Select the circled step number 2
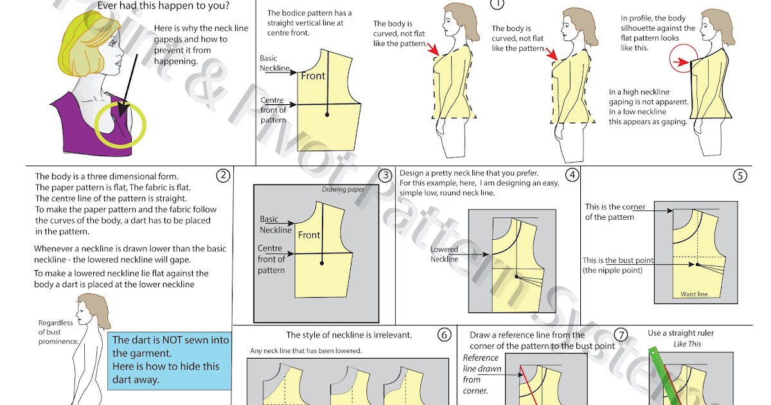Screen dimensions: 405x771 (x=222, y=175)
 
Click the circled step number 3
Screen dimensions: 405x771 (x=385, y=175)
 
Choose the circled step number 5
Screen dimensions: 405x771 (x=740, y=175)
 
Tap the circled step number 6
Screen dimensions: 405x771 (x=444, y=335)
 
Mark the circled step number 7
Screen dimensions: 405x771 (x=620, y=335)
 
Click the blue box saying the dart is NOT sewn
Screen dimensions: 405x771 (x=170, y=360)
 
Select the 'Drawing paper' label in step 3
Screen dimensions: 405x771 (x=342, y=190)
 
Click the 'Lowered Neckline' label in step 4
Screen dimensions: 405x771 (x=444, y=254)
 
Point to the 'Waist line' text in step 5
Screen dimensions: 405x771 (x=694, y=294)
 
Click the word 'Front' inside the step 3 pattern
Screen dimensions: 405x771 (x=309, y=235)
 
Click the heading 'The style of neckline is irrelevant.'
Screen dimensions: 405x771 (x=349, y=335)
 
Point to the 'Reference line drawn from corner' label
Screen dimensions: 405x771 (x=481, y=373)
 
